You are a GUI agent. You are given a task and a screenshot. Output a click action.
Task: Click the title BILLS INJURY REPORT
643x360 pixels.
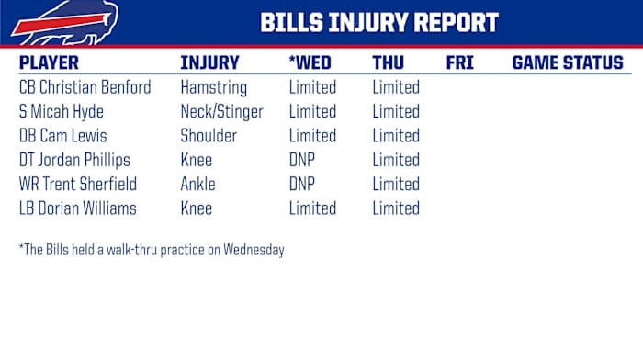pyautogui.click(x=379, y=22)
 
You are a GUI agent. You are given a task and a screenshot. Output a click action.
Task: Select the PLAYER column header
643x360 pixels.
pyautogui.click(x=49, y=63)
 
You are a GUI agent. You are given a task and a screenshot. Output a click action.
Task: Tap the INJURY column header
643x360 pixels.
pyautogui.click(x=209, y=63)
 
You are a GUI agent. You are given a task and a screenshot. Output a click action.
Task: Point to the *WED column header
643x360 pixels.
pyautogui.click(x=310, y=63)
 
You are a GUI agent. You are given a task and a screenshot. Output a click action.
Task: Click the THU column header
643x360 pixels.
pyautogui.click(x=389, y=63)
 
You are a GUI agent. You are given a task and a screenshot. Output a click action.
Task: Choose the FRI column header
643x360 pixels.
pyautogui.click(x=459, y=63)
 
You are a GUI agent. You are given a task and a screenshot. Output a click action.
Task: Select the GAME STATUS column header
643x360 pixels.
pyautogui.click(x=567, y=63)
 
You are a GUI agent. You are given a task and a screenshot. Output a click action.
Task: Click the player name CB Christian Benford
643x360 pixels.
pyautogui.click(x=85, y=88)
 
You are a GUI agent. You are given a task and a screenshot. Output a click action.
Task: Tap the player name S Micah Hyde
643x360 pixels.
pyautogui.click(x=61, y=112)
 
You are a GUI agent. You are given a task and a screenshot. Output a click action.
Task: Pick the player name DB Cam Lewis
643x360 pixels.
pyautogui.click(x=62, y=136)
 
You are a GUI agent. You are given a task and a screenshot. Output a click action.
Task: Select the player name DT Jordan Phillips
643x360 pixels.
pyautogui.click(x=74, y=161)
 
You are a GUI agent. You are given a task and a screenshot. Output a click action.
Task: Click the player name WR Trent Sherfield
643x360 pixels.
pyautogui.click(x=77, y=185)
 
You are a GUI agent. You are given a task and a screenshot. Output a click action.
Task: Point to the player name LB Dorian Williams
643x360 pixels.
pyautogui.click(x=77, y=208)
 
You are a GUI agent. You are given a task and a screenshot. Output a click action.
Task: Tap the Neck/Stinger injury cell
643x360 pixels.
pyautogui.click(x=221, y=112)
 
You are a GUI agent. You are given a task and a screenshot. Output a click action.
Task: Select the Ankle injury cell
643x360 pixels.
pyautogui.click(x=197, y=185)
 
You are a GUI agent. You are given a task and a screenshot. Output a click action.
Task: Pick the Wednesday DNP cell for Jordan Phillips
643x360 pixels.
pyautogui.click(x=302, y=161)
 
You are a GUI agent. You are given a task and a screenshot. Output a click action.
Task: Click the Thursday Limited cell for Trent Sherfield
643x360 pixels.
pyautogui.click(x=396, y=185)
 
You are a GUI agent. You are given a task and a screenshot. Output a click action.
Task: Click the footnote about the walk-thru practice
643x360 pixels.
pyautogui.click(x=152, y=250)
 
